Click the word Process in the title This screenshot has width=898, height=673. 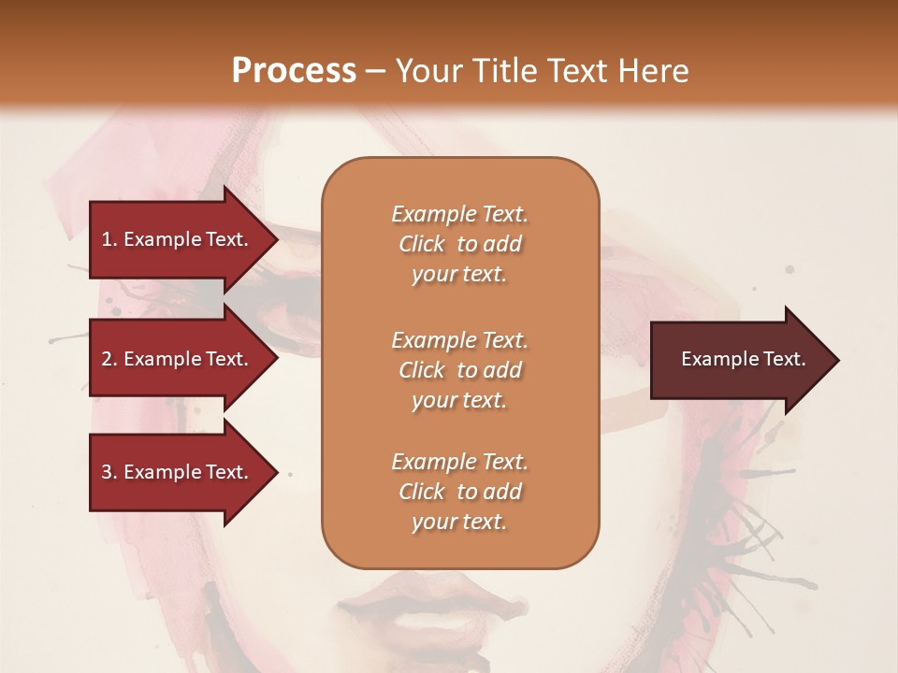point(294,71)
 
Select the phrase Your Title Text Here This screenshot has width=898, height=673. point(542,71)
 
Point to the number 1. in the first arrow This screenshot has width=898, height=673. point(109,240)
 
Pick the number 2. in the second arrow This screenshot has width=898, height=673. point(109,360)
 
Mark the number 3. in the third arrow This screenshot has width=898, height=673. point(109,473)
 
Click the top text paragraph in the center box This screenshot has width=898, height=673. point(460,244)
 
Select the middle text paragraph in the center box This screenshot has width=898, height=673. point(460,370)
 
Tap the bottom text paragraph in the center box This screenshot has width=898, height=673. point(460,492)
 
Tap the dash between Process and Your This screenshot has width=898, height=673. point(375,72)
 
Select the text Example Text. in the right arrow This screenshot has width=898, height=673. point(744,360)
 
